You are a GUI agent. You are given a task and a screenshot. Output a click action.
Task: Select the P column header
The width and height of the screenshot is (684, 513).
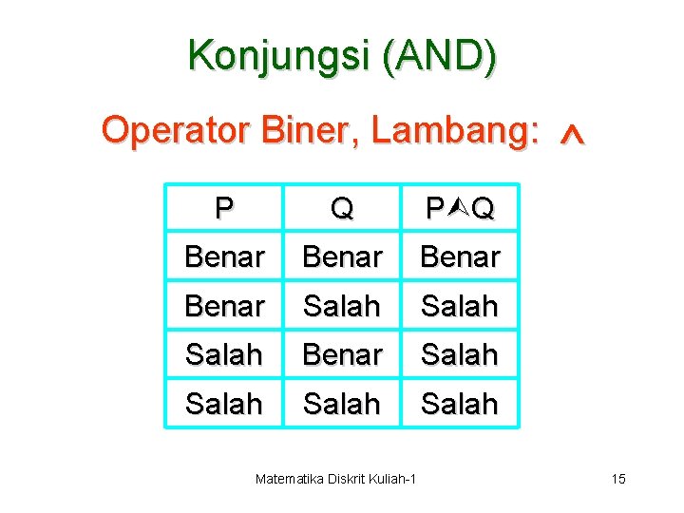(x=224, y=207)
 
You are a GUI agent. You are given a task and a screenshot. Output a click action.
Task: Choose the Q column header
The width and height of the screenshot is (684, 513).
(x=341, y=207)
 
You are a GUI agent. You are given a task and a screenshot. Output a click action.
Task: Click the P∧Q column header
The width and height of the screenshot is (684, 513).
(x=460, y=207)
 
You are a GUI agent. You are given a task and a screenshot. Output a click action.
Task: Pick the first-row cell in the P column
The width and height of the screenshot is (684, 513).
(x=224, y=256)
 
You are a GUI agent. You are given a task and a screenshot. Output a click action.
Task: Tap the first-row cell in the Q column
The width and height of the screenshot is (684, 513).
(x=342, y=256)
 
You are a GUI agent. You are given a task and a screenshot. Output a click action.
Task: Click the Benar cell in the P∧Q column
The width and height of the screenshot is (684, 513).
(x=460, y=256)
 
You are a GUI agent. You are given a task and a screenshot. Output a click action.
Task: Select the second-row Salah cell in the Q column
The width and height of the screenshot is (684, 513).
(x=342, y=306)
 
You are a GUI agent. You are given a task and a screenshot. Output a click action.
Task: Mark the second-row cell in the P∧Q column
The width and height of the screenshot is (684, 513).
(x=460, y=306)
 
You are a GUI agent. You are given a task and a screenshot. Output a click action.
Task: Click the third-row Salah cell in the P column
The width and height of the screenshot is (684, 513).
(x=224, y=354)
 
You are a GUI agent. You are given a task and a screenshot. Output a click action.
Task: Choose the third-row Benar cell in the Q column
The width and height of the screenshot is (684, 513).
(x=342, y=354)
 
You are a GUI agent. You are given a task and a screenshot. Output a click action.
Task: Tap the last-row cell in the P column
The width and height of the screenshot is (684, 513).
(x=224, y=404)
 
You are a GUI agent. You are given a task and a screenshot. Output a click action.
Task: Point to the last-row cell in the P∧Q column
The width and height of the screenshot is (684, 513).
(x=460, y=404)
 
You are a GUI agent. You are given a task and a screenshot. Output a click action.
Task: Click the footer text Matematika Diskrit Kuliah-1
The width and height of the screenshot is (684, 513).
(x=336, y=479)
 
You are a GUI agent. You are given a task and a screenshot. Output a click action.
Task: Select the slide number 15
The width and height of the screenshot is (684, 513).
(x=618, y=479)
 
